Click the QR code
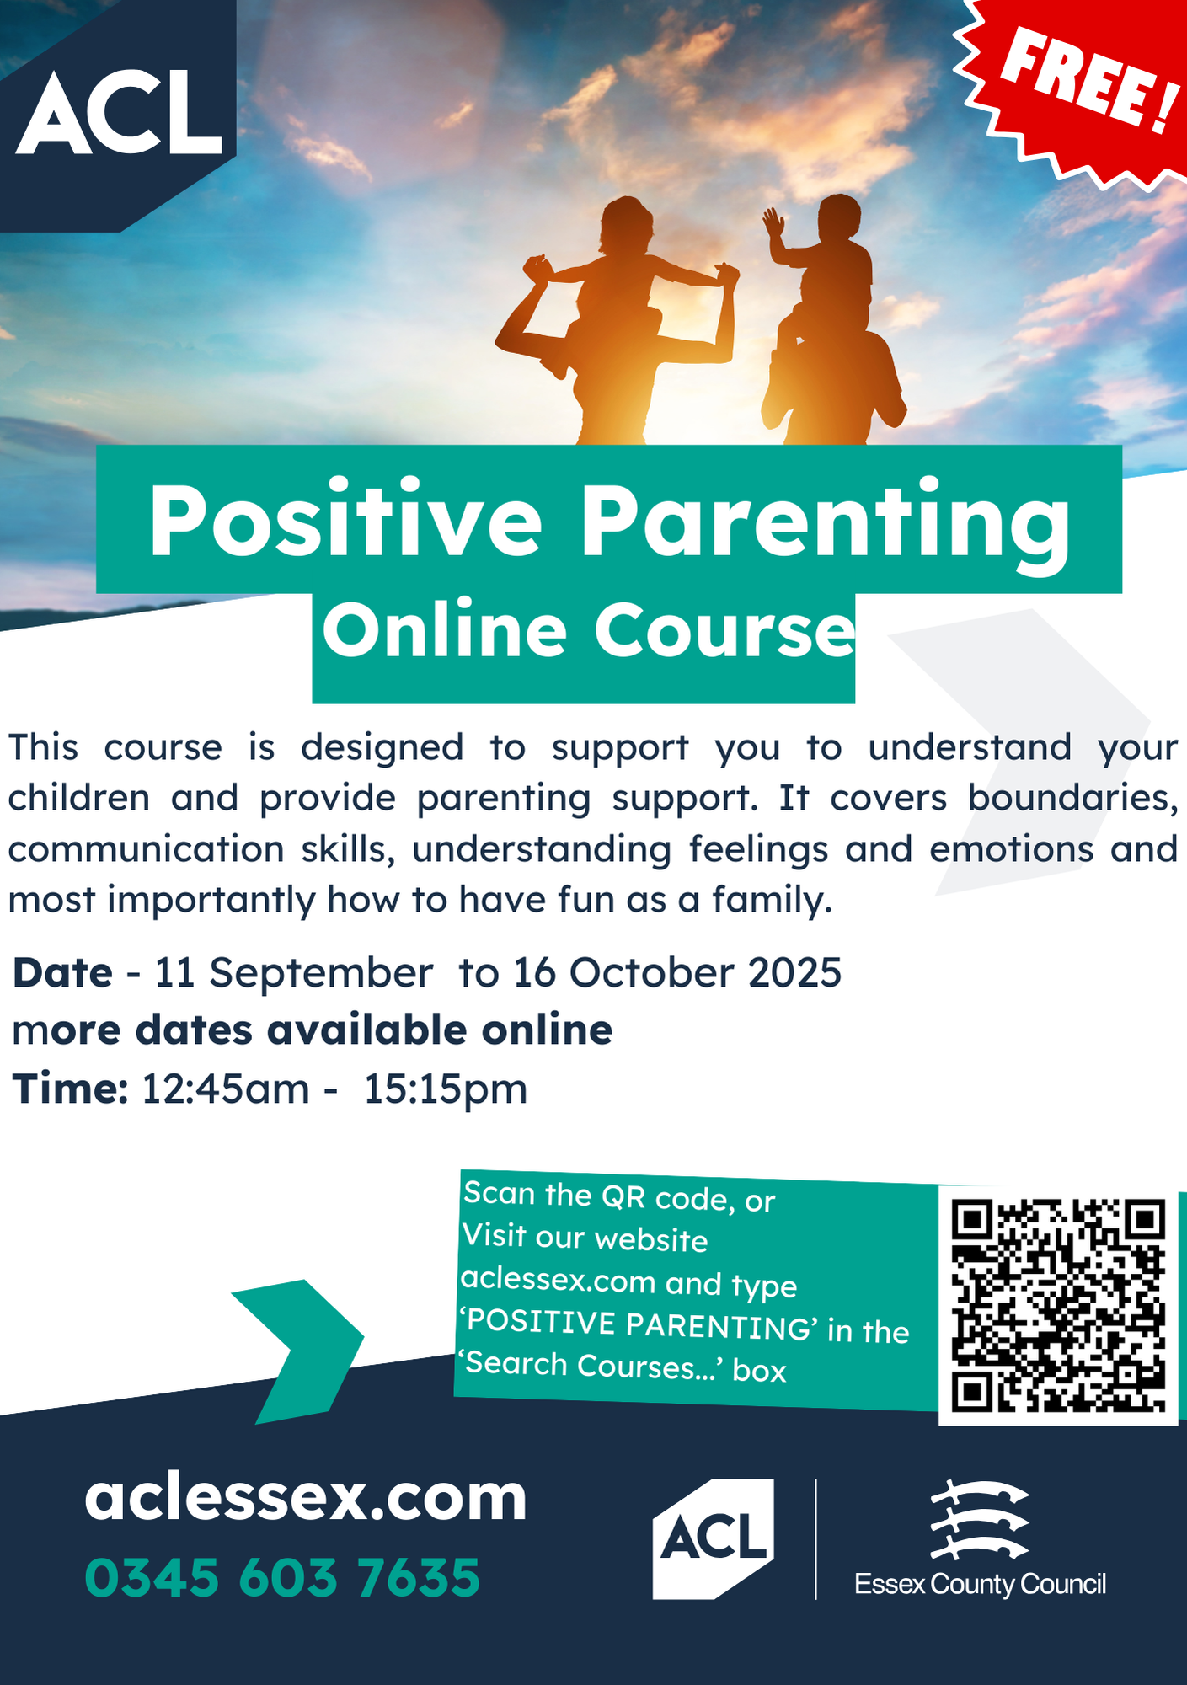tap(1058, 1305)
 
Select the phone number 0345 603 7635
tap(282, 1577)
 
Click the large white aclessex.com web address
tap(306, 1498)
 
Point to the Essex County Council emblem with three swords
tap(980, 1521)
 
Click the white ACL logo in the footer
tap(714, 1538)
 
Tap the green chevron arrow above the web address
tap(297, 1351)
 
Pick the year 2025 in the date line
tap(794, 973)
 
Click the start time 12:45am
tap(226, 1089)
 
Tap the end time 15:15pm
tap(446, 1089)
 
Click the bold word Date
tap(62, 973)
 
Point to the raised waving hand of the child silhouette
tap(773, 223)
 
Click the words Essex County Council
tap(980, 1585)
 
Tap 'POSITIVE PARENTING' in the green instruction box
tap(639, 1324)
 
